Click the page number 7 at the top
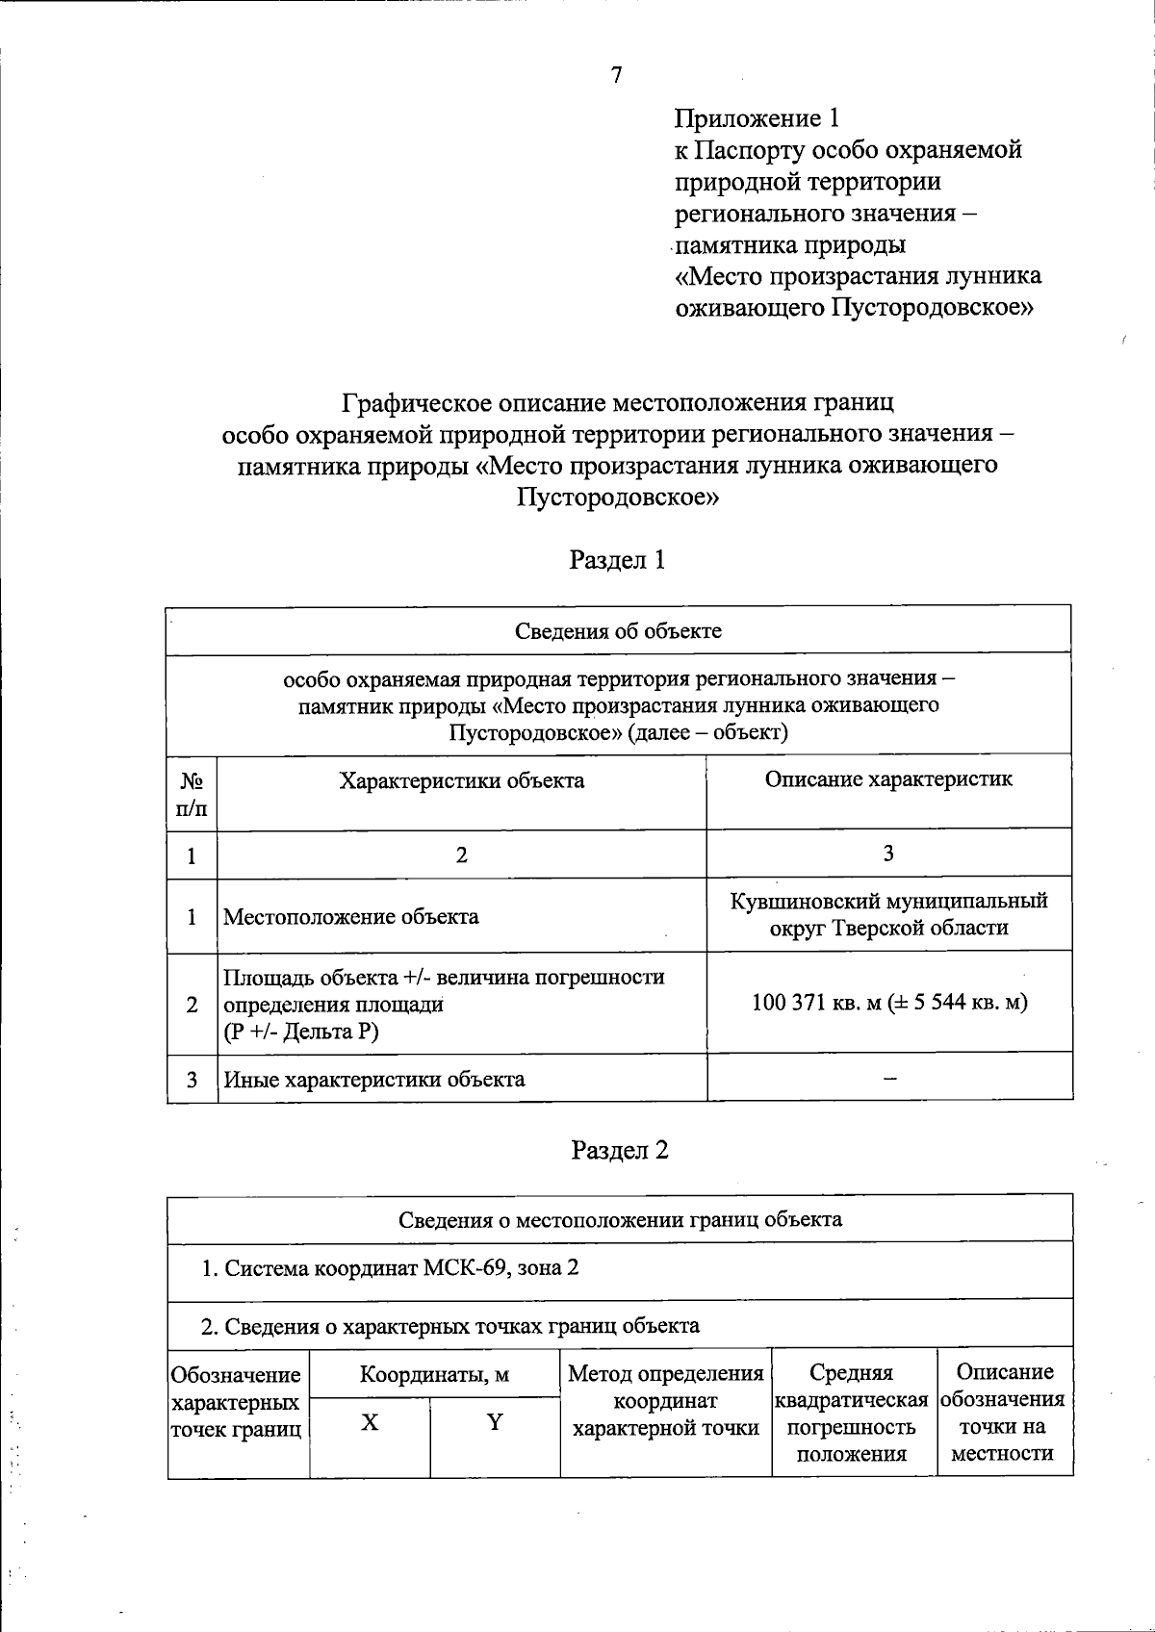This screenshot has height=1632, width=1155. pos(616,75)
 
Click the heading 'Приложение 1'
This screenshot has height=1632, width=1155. pos(757,118)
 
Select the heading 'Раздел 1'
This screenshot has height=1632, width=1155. pos(617,560)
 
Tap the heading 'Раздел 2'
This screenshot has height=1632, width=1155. pos(619,1150)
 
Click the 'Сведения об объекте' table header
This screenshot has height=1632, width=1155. pos(618,631)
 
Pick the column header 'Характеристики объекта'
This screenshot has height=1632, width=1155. pos(461,780)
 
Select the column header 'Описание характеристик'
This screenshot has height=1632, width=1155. pos(888,778)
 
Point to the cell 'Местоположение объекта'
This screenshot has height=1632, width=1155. pos(351,916)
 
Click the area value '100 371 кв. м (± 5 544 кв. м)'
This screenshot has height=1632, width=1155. pos(888,1002)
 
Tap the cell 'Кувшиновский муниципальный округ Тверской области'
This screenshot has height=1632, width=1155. pos(888,914)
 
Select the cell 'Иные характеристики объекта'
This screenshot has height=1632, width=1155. pos(374,1079)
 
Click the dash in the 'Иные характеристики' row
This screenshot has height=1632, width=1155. pos(889,1079)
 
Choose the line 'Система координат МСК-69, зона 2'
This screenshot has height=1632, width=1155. pos(390,1267)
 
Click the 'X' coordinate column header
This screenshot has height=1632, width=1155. pos(370,1422)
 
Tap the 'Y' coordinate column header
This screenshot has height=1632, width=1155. pos(495,1422)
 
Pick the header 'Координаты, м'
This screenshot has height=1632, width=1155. pos(434,1374)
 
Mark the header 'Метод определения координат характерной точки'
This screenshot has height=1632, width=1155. pos(665,1400)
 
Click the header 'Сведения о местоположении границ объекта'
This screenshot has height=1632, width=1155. pos(620,1219)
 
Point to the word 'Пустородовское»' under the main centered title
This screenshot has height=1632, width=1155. pos(617,497)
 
